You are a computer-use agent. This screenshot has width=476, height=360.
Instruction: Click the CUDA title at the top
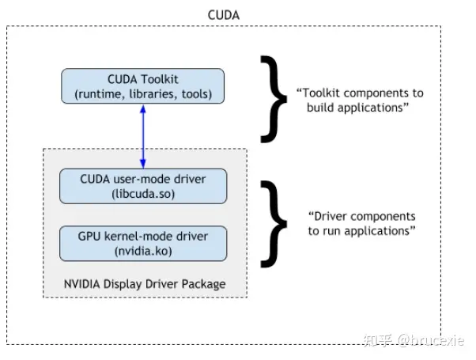224,15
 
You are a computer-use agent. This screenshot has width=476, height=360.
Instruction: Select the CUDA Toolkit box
142,86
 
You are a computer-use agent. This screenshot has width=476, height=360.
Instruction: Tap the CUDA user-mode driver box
143,186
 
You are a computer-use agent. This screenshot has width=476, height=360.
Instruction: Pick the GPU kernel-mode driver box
143,244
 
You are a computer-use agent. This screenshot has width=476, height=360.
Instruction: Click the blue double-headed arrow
143,136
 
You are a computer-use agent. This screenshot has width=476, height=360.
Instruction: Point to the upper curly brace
274,99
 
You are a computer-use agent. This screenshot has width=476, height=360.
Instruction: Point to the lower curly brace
274,224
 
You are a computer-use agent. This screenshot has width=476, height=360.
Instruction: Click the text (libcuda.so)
143,194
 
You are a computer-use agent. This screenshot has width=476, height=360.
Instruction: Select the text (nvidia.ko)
143,251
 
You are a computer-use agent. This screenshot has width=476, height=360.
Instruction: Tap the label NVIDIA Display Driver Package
145,284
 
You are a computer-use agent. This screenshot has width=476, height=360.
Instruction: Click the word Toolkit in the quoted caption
320,93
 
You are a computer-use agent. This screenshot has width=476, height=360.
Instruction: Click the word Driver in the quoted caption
329,216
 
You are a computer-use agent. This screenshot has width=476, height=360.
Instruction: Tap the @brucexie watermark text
431,340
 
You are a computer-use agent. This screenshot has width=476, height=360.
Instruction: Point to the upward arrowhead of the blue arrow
143,109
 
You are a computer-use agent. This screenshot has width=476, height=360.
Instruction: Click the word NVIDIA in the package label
82,284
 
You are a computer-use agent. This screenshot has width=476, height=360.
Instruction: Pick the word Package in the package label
204,285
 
